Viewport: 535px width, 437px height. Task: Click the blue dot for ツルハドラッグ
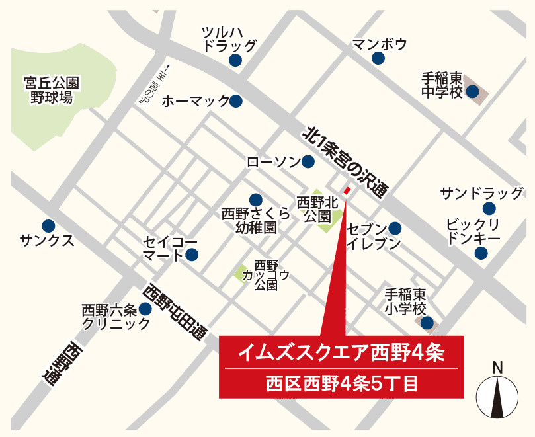click(235, 61)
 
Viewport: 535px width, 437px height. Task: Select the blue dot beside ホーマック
click(235, 101)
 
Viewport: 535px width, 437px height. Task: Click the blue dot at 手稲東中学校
click(472, 92)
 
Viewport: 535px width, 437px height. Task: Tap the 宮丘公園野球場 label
click(51, 90)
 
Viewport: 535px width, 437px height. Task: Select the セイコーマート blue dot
click(192, 255)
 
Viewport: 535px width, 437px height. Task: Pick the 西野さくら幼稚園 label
click(255, 220)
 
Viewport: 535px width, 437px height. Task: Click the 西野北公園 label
click(317, 208)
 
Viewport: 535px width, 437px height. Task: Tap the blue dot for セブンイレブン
click(395, 228)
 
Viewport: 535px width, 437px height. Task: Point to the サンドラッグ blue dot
click(489, 209)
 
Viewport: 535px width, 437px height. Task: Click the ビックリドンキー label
click(473, 231)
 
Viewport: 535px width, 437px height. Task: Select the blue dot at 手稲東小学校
click(427, 323)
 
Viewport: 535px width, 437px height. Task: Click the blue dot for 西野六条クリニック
click(145, 308)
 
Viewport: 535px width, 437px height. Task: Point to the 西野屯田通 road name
click(176, 312)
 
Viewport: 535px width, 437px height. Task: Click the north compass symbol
click(497, 395)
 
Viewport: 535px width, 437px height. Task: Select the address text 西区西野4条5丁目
click(341, 383)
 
